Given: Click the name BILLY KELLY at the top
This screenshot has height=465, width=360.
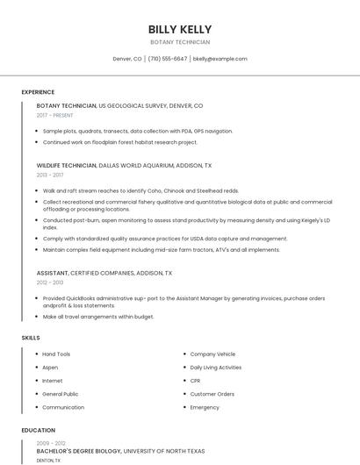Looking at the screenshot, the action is (x=180, y=29).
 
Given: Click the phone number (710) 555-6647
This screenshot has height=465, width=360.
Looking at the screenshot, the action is (x=167, y=59).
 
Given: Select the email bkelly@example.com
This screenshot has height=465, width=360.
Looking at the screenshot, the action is (x=220, y=59).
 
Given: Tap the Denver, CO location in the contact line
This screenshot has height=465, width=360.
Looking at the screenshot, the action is (x=127, y=59).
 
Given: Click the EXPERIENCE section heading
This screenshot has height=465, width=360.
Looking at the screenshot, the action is (x=38, y=92).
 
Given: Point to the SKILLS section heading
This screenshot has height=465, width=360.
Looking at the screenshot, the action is (x=31, y=338).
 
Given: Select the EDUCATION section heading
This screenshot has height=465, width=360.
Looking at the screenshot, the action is (x=38, y=431).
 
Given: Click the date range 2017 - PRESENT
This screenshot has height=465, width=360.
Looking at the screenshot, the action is (x=55, y=115).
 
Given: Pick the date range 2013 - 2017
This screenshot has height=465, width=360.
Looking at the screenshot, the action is (x=50, y=175).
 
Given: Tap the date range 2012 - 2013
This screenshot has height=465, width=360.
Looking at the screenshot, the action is (x=50, y=283).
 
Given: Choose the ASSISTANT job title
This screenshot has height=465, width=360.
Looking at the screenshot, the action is (x=52, y=273).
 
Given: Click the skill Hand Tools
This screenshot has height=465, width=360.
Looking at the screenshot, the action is (x=56, y=354).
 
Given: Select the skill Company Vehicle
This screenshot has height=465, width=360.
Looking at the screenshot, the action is (x=212, y=354).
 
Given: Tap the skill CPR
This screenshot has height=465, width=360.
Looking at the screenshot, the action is (x=196, y=381).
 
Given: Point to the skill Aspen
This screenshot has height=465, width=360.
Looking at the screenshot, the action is (x=50, y=368).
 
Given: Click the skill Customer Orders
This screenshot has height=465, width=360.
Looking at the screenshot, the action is (x=212, y=394).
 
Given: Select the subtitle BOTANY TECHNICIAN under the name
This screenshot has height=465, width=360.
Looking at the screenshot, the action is (x=180, y=42).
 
